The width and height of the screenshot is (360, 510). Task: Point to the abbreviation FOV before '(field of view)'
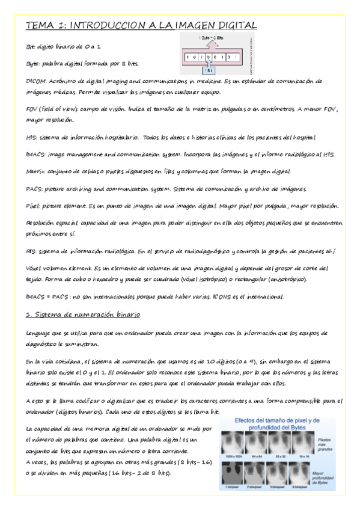[34, 112]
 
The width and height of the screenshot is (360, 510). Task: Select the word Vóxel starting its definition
[35, 268]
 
